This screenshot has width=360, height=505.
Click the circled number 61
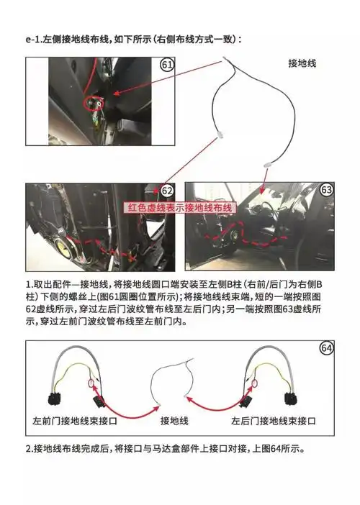[167, 65]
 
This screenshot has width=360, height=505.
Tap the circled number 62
[167, 191]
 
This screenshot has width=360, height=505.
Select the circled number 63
[327, 190]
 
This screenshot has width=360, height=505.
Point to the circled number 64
[327, 348]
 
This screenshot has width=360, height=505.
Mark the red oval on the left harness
[91, 387]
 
